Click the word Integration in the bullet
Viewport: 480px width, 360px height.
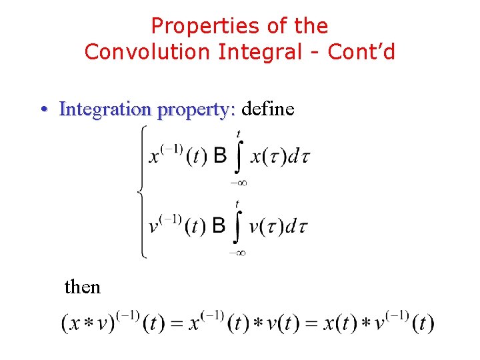point(105,109)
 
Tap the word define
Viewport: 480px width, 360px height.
point(268,108)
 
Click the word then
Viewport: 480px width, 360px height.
point(82,287)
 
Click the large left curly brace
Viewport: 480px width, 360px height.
point(141,191)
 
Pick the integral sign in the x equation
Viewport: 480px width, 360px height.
point(239,157)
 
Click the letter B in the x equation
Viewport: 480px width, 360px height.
point(220,156)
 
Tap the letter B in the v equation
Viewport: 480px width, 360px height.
point(219,226)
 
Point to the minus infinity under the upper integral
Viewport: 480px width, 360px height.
point(238,182)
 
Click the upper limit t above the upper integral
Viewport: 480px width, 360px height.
point(239,134)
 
